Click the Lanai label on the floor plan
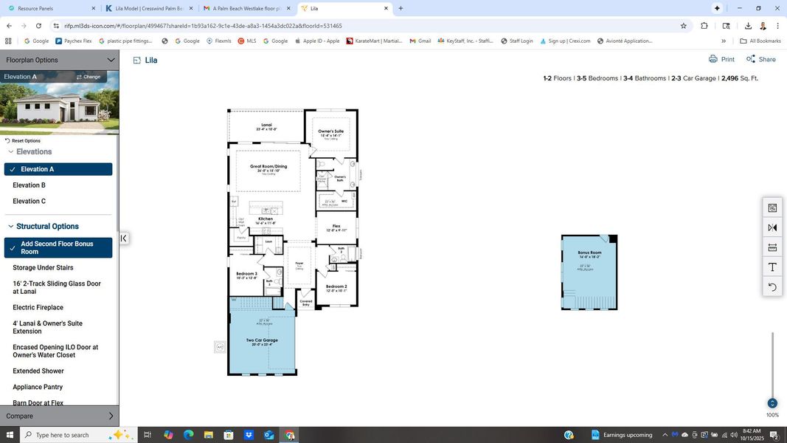(266, 125)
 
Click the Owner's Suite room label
(330, 131)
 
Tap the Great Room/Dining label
(268, 166)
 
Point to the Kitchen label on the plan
(266, 219)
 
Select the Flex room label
(336, 226)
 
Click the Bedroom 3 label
(246, 274)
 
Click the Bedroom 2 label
(336, 286)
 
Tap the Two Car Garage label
(262, 340)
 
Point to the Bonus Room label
(589, 253)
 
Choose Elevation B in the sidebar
(30, 185)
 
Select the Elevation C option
(30, 201)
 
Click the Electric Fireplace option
(38, 307)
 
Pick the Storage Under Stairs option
(43, 267)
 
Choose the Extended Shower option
(38, 371)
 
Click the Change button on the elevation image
(89, 77)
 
